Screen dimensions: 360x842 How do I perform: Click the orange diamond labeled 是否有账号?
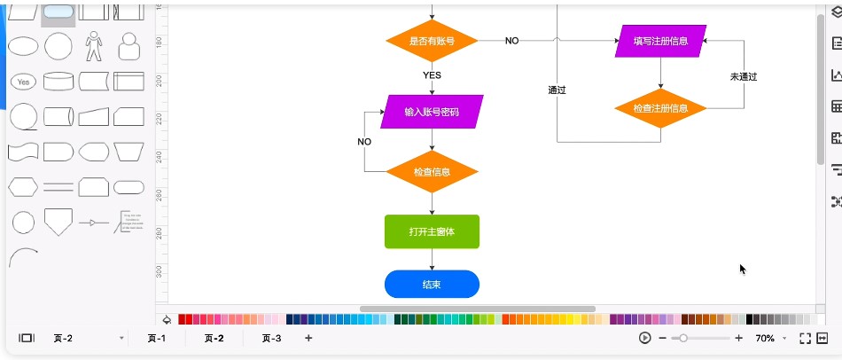(x=432, y=41)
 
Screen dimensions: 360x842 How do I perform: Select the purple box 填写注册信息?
(x=660, y=41)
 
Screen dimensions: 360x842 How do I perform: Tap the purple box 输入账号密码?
(x=432, y=112)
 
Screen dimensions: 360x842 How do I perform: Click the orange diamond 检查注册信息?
(x=660, y=108)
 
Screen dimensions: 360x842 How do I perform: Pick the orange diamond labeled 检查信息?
(x=432, y=171)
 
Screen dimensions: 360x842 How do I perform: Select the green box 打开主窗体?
(x=432, y=231)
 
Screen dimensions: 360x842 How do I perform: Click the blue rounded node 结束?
(x=432, y=285)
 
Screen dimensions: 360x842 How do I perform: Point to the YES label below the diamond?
(x=432, y=75)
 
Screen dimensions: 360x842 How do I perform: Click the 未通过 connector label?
(x=744, y=76)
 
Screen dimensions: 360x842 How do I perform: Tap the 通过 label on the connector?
(x=557, y=90)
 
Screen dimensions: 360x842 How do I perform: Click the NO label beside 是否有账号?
(x=512, y=41)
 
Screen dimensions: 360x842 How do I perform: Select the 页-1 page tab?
(x=157, y=338)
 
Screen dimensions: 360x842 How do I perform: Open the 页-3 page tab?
(x=271, y=338)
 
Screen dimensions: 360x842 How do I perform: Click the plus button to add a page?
(x=308, y=338)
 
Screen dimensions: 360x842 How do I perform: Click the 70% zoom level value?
(x=764, y=338)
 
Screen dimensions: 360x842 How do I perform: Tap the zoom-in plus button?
(x=739, y=338)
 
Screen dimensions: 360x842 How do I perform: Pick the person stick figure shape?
(x=94, y=45)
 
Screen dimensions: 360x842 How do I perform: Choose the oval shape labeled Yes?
(x=24, y=82)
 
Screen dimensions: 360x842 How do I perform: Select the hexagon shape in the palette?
(x=23, y=186)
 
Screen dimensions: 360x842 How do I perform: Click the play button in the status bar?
(x=644, y=338)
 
